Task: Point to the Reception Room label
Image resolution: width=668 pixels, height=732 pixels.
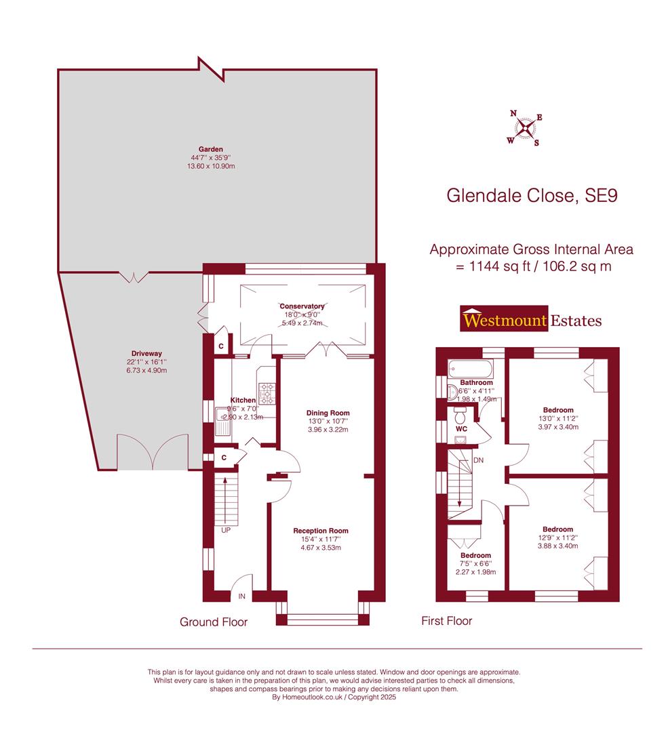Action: click(x=321, y=531)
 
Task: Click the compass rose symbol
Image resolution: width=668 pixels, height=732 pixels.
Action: click(x=524, y=127)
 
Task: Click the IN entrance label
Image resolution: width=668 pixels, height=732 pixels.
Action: click(x=241, y=596)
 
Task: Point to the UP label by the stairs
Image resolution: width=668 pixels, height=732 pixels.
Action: click(x=225, y=530)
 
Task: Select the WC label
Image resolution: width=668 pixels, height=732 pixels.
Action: click(x=462, y=429)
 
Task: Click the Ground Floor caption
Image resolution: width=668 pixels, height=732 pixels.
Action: click(x=214, y=622)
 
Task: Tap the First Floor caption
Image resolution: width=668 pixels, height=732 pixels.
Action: click(x=446, y=620)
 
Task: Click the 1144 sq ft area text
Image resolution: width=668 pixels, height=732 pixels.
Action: click(x=493, y=266)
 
